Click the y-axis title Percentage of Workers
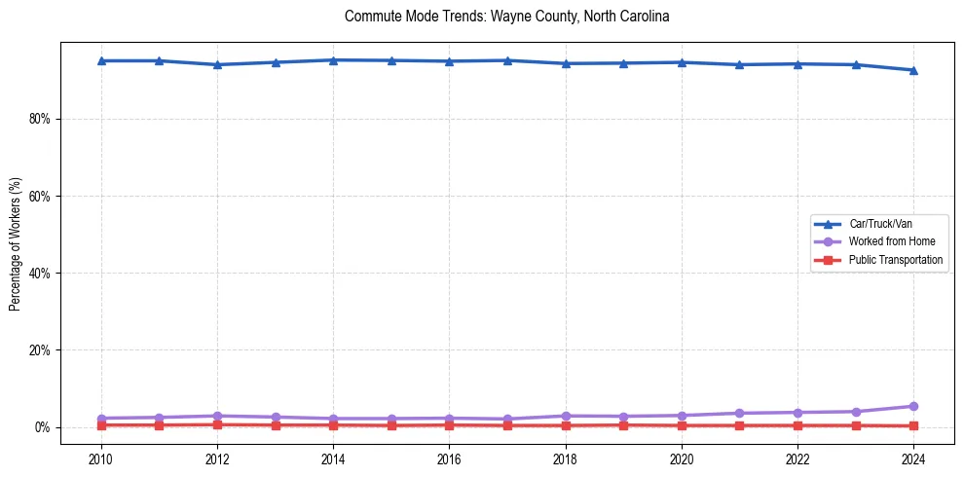click(x=16, y=244)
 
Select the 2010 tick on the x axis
click(x=101, y=459)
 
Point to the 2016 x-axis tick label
click(x=449, y=459)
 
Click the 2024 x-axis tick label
click(x=913, y=459)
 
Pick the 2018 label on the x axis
click(x=566, y=459)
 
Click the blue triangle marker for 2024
click(x=913, y=70)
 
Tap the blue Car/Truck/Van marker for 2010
click(x=101, y=60)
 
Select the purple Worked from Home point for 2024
click(x=913, y=406)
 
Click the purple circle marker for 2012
click(x=217, y=416)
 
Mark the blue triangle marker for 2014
click(x=333, y=60)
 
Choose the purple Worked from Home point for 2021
click(x=739, y=413)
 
